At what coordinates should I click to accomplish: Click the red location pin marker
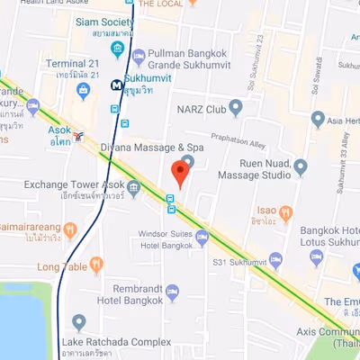[182, 170]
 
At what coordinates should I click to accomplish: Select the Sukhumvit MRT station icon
[117, 85]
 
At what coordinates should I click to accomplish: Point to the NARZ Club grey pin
[236, 109]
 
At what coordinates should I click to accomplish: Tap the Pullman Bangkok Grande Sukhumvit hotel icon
[138, 57]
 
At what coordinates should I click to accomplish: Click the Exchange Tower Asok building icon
[134, 188]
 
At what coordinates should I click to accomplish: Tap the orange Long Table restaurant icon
[97, 265]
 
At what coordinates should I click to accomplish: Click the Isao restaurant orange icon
[286, 213]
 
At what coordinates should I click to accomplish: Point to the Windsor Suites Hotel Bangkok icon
[202, 238]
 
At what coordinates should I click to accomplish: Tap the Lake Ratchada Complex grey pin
[79, 322]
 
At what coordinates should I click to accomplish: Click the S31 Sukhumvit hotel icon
[276, 261]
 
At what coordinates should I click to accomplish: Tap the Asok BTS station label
[59, 135]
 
